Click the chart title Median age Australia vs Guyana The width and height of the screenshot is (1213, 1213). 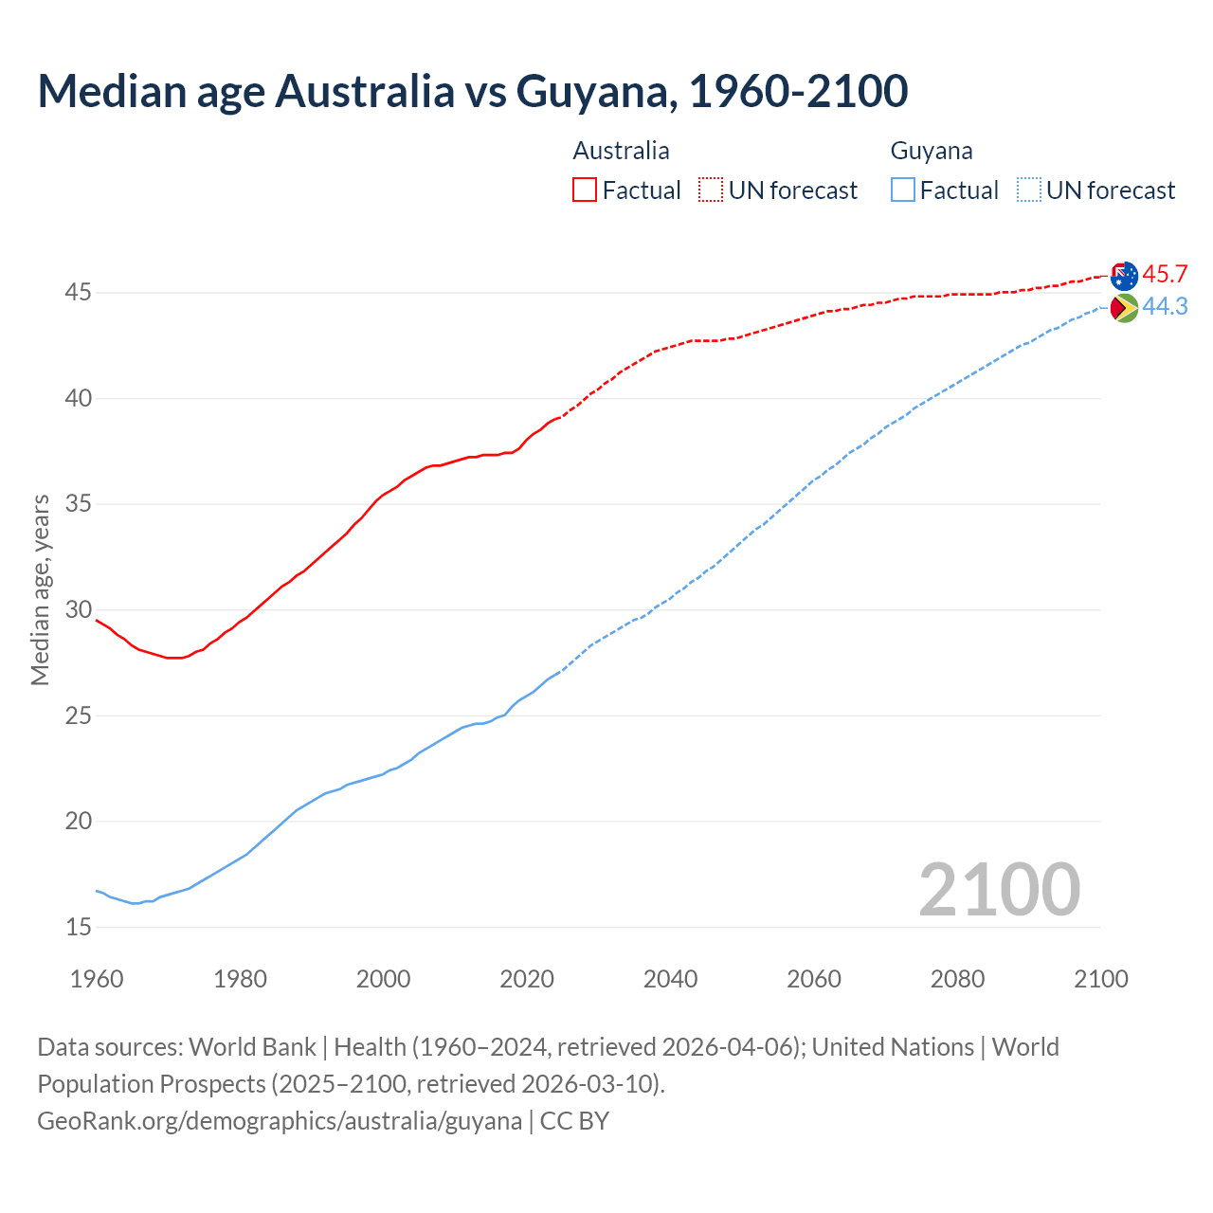(472, 91)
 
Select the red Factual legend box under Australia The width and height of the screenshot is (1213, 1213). (585, 190)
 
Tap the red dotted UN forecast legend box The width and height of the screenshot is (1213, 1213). (711, 190)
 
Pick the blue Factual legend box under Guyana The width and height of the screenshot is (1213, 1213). (903, 190)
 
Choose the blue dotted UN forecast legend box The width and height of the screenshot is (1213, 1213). (1028, 190)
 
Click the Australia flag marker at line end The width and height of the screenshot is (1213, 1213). (1124, 276)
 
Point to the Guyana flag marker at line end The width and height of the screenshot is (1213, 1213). (1124, 308)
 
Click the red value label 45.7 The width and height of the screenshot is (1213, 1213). (1165, 275)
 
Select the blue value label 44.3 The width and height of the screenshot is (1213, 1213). (1165, 307)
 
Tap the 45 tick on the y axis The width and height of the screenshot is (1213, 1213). (79, 293)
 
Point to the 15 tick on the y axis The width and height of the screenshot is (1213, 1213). (79, 927)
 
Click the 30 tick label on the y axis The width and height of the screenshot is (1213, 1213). (79, 609)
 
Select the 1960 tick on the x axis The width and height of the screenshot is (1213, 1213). (97, 979)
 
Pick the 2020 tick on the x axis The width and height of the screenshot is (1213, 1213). (527, 979)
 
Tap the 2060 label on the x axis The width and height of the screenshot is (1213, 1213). (814, 979)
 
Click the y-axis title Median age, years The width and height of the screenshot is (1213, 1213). (40, 589)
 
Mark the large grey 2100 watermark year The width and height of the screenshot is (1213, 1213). (999, 889)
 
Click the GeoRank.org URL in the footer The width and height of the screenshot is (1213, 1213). (280, 1121)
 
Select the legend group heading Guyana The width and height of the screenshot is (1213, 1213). (932, 151)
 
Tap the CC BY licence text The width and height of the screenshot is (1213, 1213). (574, 1121)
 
